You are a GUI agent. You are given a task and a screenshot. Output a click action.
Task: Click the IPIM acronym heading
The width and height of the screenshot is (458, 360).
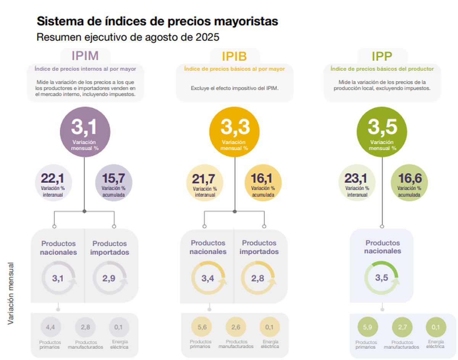tap(85, 56)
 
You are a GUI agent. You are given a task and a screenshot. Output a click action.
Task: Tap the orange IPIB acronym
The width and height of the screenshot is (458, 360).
tap(234, 56)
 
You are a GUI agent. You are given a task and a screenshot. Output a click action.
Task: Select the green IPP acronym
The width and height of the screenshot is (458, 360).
tap(382, 56)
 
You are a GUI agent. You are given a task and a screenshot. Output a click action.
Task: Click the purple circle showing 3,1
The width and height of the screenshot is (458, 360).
tap(85, 132)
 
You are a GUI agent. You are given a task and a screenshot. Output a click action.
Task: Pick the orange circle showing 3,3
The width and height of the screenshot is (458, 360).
tap(234, 132)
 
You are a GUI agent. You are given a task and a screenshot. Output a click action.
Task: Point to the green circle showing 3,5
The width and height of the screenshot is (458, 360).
tap(382, 132)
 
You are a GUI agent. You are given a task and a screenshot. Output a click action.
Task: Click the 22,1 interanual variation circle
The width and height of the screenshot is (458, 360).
tap(53, 183)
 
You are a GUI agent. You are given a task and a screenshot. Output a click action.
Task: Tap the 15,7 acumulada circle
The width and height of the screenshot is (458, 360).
tap(114, 183)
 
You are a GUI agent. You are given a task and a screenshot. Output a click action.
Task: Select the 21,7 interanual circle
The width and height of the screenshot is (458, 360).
tap(205, 183)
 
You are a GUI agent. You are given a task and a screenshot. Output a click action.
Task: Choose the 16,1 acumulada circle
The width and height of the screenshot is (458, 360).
tap(263, 183)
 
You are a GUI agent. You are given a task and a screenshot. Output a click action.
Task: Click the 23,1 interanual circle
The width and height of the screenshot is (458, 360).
tap(357, 183)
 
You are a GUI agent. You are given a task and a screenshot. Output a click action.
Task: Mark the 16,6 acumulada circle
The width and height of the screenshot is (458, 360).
tap(409, 183)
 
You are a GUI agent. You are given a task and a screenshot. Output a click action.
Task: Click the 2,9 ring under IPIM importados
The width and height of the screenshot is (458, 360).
tap(94, 278)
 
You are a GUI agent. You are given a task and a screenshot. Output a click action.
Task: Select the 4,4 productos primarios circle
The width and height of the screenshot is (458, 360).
tap(51, 327)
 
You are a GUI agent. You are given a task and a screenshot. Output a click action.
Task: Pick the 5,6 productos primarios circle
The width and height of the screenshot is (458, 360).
tap(202, 327)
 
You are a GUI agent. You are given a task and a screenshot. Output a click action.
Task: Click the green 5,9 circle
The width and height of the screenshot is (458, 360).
tap(368, 327)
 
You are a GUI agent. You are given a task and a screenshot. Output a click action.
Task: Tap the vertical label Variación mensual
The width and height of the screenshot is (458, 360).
tap(11, 294)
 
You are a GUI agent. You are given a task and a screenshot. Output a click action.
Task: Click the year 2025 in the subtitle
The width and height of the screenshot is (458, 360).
tap(207, 37)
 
